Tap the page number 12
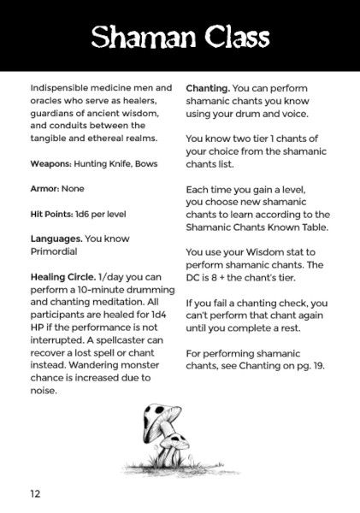point(35,494)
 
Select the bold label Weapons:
point(50,163)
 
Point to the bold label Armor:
point(46,188)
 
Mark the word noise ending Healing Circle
point(43,390)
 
